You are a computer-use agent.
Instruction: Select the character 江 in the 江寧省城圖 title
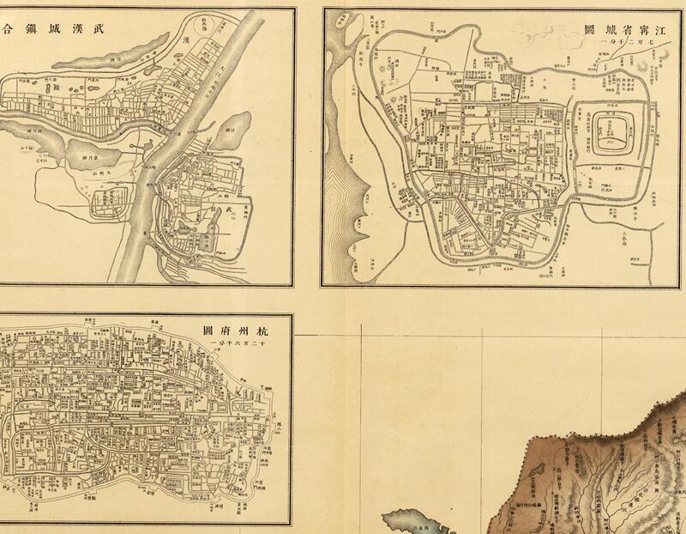[x=656, y=29]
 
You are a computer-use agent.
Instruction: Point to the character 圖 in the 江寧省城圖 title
[x=589, y=29]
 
